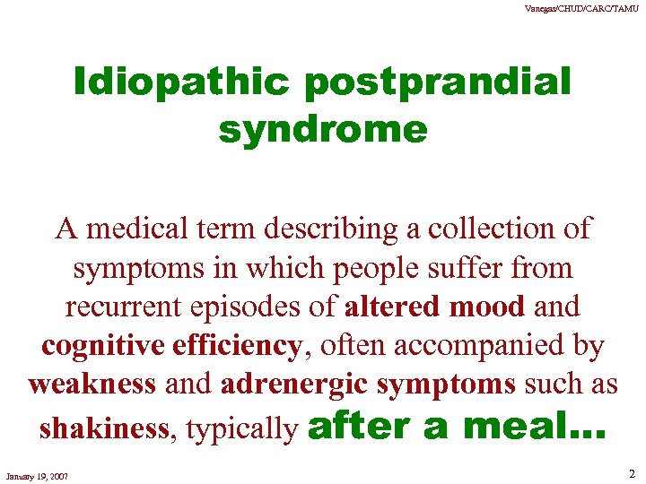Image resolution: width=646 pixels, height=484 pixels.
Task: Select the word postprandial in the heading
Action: [x=438, y=83]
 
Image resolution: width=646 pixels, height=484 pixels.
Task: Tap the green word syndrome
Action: [x=323, y=131]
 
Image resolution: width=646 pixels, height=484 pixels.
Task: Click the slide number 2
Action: [x=630, y=473]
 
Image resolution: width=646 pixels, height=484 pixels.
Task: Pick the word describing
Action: [x=345, y=229]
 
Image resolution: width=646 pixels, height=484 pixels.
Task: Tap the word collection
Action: [x=490, y=229]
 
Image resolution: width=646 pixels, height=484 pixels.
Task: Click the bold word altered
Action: [x=390, y=307]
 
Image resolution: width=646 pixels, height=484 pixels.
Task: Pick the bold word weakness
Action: [x=79, y=384]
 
